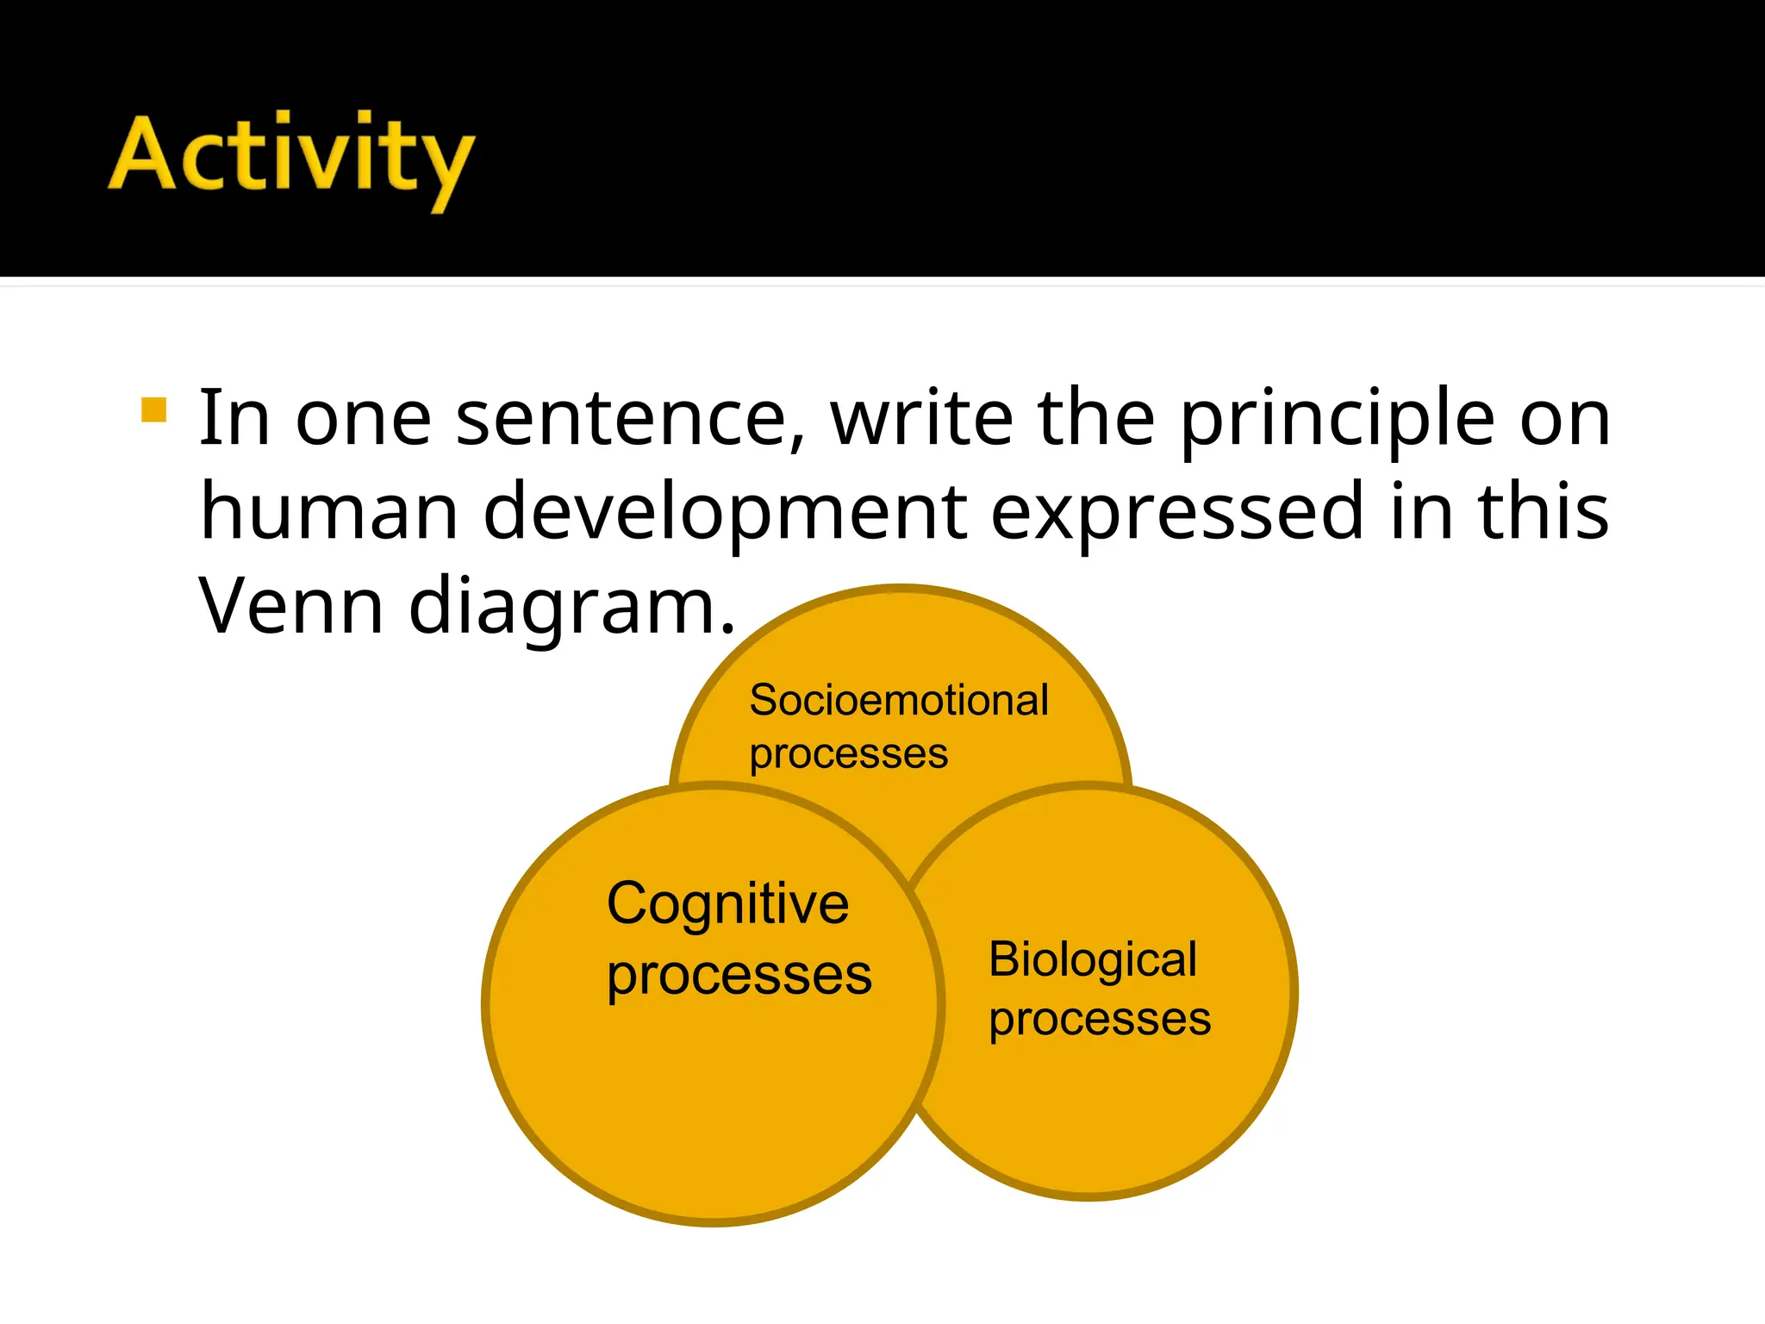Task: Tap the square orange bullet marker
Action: tap(153, 409)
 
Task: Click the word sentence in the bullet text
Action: tap(631, 419)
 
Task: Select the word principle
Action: tap(1337, 421)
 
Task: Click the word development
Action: tap(725, 514)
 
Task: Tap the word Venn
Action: tap(291, 607)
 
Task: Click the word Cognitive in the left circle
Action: tap(728, 903)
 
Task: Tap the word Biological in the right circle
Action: tap(1093, 959)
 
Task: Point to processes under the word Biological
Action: tap(1100, 1020)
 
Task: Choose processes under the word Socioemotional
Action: tap(849, 755)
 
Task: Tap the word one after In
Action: tap(363, 421)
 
